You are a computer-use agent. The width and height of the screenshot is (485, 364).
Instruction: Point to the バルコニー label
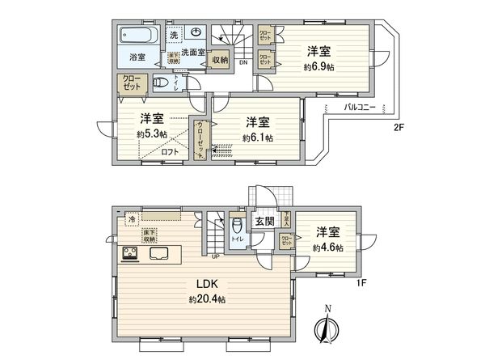tap(360, 107)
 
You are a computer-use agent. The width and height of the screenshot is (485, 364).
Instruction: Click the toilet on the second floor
tap(162, 83)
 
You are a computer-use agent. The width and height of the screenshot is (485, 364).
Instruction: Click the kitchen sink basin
tap(158, 253)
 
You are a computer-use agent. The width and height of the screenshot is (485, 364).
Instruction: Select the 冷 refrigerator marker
tap(132, 219)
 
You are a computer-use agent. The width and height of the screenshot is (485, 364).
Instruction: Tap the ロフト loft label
tap(170, 151)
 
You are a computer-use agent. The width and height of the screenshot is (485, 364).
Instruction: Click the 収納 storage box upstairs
tap(221, 58)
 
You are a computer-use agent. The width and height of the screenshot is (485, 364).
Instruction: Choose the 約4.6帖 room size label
tap(328, 247)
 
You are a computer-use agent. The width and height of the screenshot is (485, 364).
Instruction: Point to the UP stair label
tap(216, 257)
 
